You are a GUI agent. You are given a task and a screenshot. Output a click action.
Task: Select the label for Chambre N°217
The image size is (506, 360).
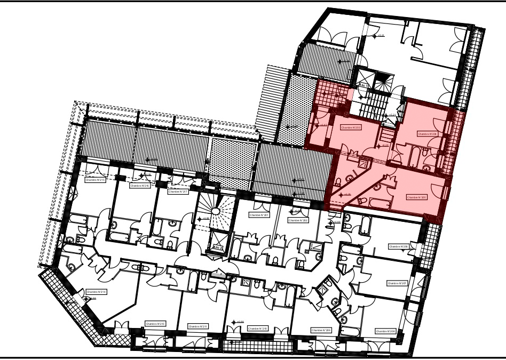(178, 191)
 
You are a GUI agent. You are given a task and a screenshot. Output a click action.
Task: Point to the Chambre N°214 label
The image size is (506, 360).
(96, 292)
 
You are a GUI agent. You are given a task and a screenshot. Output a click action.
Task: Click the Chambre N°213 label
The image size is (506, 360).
(155, 324)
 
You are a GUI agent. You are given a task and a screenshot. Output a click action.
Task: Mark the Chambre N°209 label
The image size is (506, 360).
(321, 331)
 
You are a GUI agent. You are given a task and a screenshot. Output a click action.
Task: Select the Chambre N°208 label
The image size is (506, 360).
(385, 331)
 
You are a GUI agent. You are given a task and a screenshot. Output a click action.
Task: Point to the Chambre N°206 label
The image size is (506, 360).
(398, 246)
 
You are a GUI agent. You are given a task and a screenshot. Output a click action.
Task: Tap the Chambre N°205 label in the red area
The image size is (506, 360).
(417, 197)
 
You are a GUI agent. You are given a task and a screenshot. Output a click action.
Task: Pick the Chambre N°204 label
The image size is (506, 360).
(428, 134)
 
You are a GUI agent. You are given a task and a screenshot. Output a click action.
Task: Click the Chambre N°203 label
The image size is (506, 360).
(351, 128)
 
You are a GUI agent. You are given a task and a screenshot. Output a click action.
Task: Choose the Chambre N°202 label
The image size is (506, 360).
(298, 220)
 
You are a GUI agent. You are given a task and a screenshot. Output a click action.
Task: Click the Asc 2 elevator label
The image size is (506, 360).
(217, 248)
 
